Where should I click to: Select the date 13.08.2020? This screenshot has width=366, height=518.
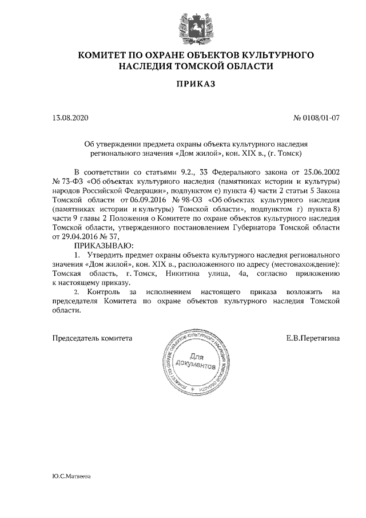pyautogui.click(x=71, y=118)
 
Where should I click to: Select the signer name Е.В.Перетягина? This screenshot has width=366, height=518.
pyautogui.click(x=313, y=338)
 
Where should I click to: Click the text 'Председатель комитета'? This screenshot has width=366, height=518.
pyautogui.click(x=92, y=338)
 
